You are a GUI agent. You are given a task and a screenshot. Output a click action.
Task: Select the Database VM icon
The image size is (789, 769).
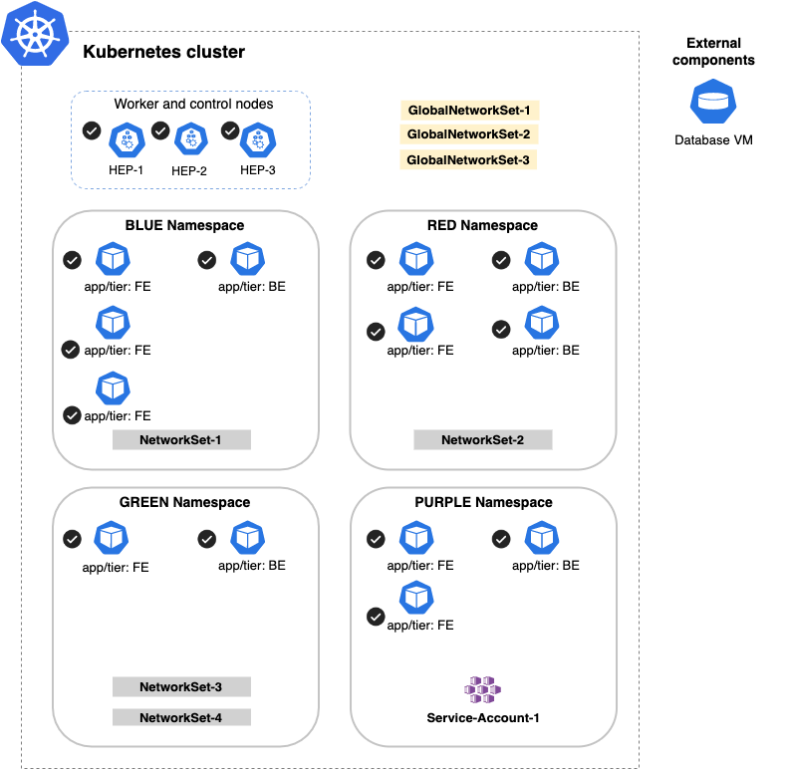pyautogui.click(x=712, y=102)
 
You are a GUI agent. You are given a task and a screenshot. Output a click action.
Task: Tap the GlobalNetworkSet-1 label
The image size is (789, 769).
pyautogui.click(x=469, y=111)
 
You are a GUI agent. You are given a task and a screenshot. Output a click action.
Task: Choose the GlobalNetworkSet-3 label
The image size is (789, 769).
pyautogui.click(x=468, y=159)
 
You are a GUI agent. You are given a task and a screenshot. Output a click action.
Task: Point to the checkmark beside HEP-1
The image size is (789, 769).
pyautogui.click(x=92, y=130)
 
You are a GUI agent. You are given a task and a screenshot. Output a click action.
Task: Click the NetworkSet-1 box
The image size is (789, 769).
pyautogui.click(x=180, y=440)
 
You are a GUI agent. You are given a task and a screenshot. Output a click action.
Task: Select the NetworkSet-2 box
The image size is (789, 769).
pyautogui.click(x=482, y=440)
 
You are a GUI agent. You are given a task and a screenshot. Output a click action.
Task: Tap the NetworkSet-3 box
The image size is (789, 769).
pyautogui.click(x=180, y=686)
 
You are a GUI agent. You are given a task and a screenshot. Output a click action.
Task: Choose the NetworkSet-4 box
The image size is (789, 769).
pyautogui.click(x=180, y=717)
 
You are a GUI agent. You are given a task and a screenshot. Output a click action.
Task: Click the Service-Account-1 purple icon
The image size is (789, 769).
pyautogui.click(x=483, y=688)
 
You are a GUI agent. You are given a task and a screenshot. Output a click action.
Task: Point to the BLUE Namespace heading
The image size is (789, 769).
pyautogui.click(x=184, y=226)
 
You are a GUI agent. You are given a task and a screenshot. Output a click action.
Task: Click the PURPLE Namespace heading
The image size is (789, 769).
pyautogui.click(x=483, y=503)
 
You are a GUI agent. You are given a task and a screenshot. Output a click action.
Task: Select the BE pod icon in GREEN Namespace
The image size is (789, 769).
pyautogui.click(x=247, y=539)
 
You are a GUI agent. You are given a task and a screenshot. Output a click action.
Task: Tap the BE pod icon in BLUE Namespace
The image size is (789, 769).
pyautogui.click(x=247, y=260)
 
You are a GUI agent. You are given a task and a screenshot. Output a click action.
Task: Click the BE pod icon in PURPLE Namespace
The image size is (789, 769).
pyautogui.click(x=541, y=539)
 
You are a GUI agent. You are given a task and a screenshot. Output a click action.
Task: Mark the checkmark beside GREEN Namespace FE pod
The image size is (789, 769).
pyautogui.click(x=72, y=539)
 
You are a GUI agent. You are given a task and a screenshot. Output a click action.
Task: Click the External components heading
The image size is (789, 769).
pyautogui.click(x=713, y=52)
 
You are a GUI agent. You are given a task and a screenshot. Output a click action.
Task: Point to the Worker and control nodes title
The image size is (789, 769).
pyautogui.click(x=193, y=104)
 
